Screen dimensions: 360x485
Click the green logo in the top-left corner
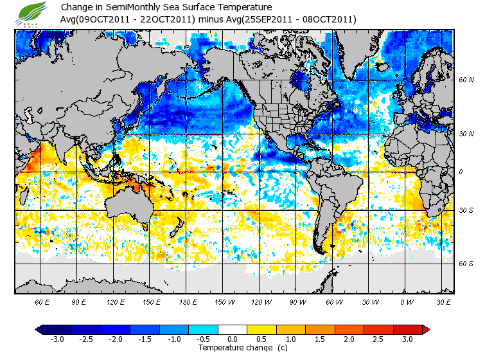click(33, 13)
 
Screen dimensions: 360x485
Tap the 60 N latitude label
click(466, 80)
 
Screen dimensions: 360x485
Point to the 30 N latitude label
click(466, 134)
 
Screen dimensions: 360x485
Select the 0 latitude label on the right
click(461, 172)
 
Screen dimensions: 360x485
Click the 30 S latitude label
click(466, 210)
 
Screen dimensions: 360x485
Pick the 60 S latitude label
click(466, 264)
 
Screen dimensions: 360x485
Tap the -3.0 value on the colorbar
click(57, 339)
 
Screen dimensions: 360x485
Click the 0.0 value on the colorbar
click(232, 339)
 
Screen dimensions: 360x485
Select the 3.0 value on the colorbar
click(407, 339)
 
